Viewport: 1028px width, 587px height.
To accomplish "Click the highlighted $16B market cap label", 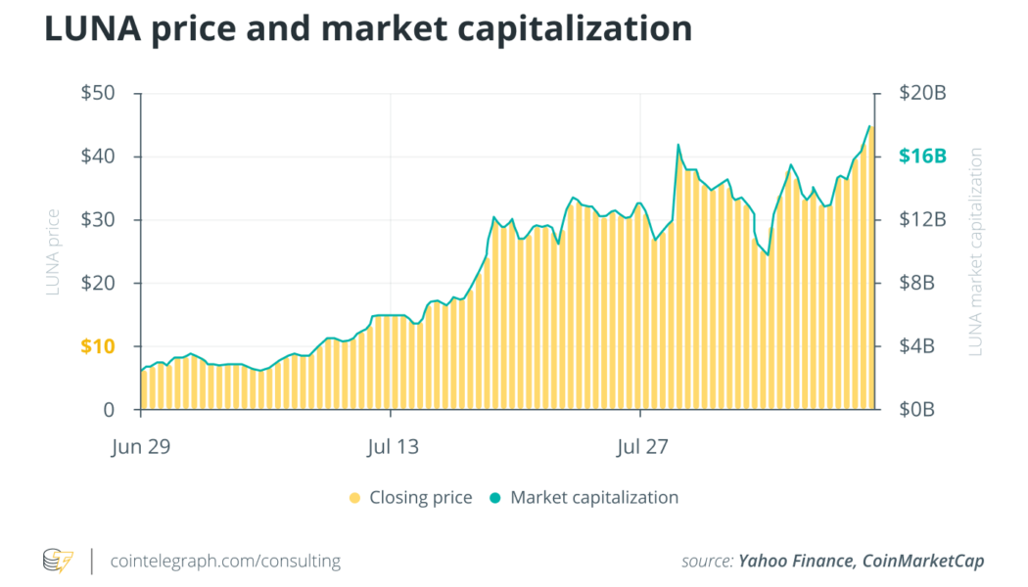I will pyautogui.click(x=921, y=157).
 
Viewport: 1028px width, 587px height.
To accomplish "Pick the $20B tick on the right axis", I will pyautogui.click(x=921, y=94).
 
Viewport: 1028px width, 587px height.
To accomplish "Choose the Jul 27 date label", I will pyautogui.click(x=642, y=448).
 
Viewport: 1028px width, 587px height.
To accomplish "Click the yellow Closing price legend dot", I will pyautogui.click(x=354, y=498).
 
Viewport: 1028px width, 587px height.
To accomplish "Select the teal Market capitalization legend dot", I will pyautogui.click(x=495, y=498).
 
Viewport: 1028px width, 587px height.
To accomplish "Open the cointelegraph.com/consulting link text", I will pyautogui.click(x=225, y=562).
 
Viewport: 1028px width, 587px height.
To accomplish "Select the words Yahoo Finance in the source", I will pyautogui.click(x=792, y=562).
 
